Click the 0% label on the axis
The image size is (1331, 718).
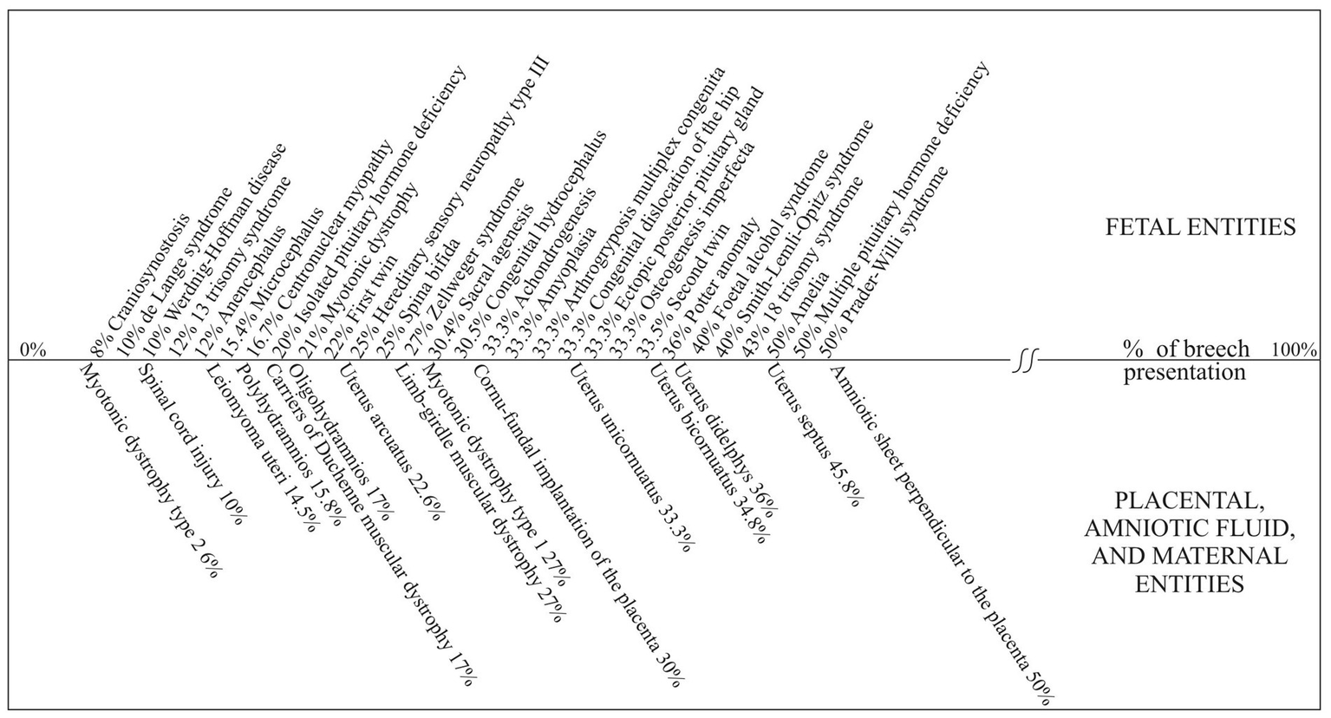click(x=32, y=350)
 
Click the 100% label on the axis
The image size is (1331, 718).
click(x=1294, y=350)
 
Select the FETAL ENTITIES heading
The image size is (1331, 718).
click(x=1199, y=227)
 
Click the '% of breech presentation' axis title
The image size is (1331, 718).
click(x=1186, y=361)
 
